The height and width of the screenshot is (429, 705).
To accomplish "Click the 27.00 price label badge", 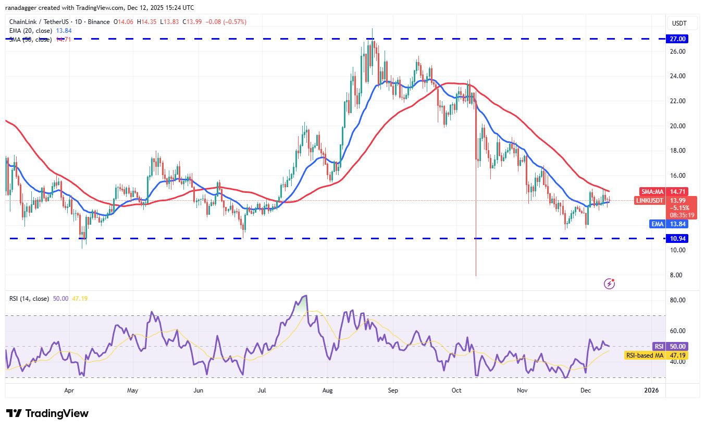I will [x=678, y=39].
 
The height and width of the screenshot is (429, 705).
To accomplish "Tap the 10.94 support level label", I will [x=678, y=238].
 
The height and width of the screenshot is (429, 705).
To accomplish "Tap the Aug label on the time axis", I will [x=328, y=390].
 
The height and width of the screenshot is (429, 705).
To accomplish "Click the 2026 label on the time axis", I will [x=651, y=390].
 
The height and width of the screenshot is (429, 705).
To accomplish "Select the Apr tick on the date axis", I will [x=68, y=390].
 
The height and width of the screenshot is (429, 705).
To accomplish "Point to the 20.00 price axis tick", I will [x=678, y=126].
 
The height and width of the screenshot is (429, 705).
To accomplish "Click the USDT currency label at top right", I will [x=679, y=23].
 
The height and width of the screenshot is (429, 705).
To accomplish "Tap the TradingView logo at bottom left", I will [x=47, y=413].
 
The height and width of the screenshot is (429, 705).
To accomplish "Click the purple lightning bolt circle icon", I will [x=609, y=284].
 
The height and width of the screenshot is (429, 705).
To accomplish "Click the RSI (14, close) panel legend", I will [x=29, y=299].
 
